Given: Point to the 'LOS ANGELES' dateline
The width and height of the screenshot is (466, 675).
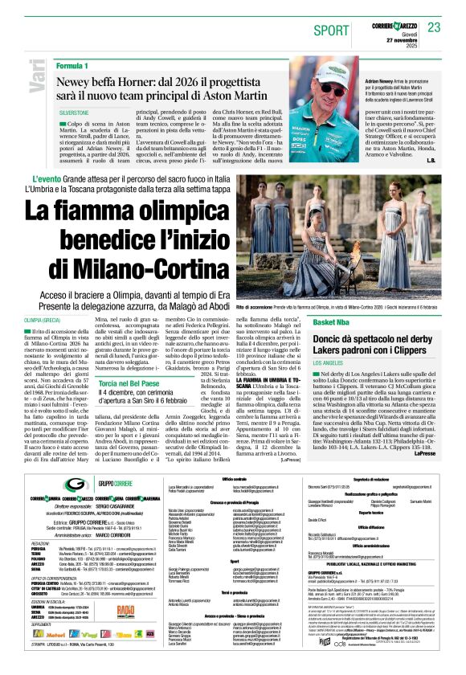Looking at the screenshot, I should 330,363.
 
